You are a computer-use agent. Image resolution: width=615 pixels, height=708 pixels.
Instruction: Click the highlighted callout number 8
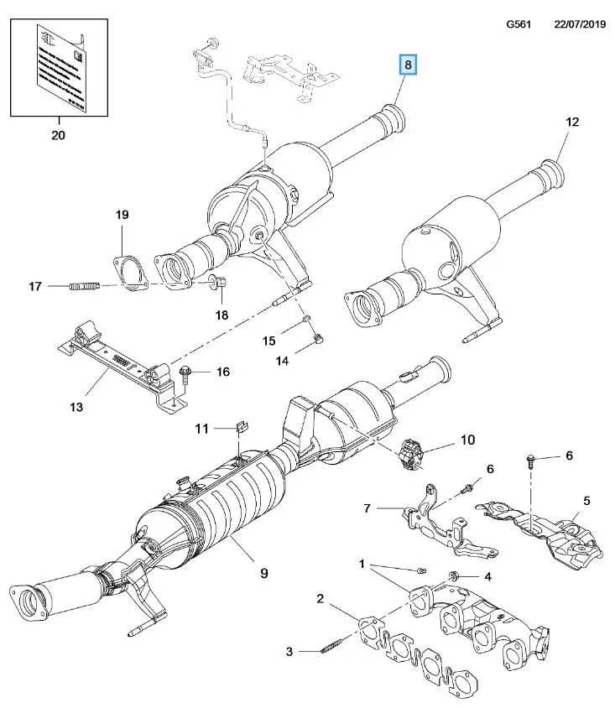(x=409, y=65)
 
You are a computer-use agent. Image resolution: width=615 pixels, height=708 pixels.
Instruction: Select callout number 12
(x=572, y=122)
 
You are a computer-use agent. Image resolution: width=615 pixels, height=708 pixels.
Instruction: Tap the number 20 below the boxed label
(x=58, y=134)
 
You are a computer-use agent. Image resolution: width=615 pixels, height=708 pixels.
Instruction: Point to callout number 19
(x=122, y=216)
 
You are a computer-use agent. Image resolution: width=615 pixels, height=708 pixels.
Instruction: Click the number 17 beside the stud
(x=34, y=287)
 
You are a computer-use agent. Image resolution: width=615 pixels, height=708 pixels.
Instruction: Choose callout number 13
(x=76, y=408)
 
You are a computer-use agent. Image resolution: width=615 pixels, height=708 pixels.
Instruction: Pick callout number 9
(x=263, y=573)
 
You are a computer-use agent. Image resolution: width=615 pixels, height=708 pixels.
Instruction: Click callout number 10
(x=467, y=439)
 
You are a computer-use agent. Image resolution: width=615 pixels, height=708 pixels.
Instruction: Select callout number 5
(x=586, y=501)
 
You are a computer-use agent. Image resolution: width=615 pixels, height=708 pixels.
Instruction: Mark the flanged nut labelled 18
(x=216, y=283)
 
